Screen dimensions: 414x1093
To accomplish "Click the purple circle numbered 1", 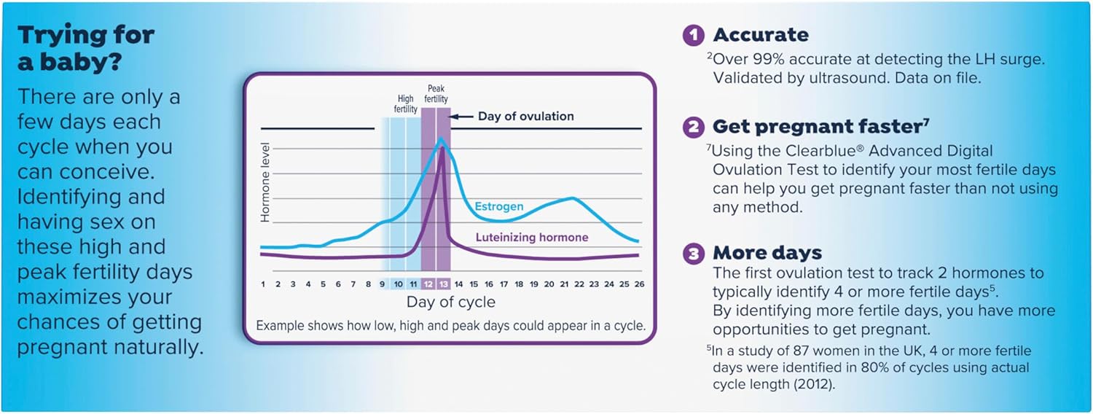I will [693, 35].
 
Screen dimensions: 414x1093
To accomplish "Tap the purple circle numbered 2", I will [693, 127].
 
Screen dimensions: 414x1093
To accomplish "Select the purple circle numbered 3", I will [693, 253].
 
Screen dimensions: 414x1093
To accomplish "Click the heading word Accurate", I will [761, 35].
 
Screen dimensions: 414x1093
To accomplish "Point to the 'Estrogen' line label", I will [499, 207].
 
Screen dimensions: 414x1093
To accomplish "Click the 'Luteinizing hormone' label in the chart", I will [532, 238].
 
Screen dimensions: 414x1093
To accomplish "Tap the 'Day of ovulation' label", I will [525, 117].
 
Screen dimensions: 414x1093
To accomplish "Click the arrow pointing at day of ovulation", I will [461, 117].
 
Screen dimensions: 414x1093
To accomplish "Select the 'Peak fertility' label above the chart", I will [437, 94].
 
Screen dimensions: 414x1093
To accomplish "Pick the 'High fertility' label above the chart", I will [406, 104].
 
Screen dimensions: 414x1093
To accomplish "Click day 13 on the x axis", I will [443, 284].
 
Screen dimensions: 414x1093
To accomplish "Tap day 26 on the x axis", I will [639, 284].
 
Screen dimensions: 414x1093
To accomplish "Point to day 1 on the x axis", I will [263, 284].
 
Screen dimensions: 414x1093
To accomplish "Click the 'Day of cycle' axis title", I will [450, 302].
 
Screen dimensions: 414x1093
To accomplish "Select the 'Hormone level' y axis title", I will [265, 181].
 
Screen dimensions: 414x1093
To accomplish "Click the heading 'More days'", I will [767, 253].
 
